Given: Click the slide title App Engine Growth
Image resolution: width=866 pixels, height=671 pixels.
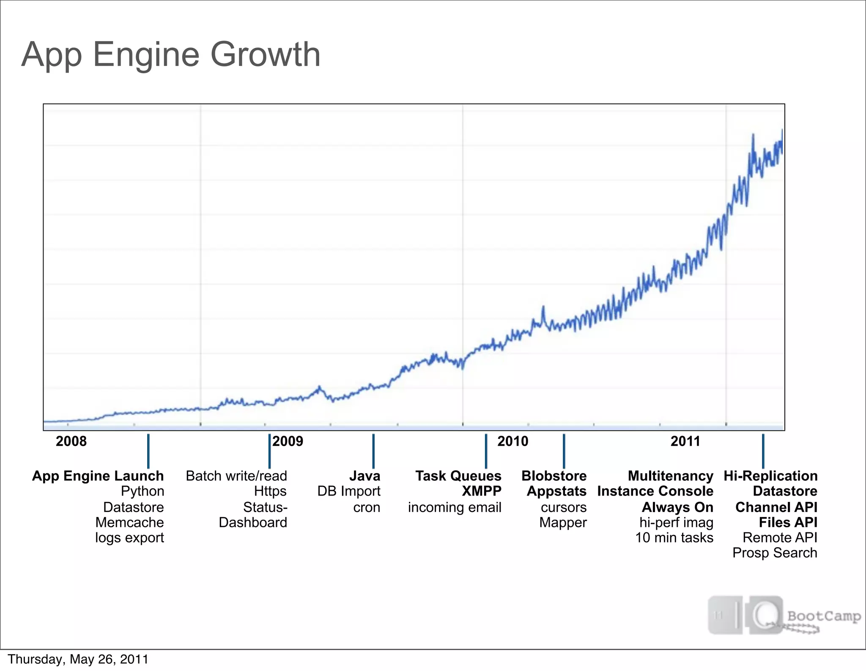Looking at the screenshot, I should click(x=171, y=55).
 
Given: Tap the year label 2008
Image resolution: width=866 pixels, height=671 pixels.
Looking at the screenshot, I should click(x=71, y=441).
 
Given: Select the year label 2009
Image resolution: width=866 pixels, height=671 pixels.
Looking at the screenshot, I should click(x=288, y=441).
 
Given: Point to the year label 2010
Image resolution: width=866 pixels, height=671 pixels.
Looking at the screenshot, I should click(x=512, y=441).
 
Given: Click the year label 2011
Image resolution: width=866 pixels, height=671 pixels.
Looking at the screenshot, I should click(x=685, y=441).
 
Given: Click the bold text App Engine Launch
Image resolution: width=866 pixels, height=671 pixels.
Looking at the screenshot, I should click(x=98, y=476).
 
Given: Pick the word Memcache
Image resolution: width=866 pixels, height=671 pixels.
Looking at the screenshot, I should click(x=129, y=523).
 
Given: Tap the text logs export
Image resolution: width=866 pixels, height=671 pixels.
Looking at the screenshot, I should click(x=129, y=538).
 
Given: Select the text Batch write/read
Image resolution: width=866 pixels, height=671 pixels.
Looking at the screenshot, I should click(x=236, y=476).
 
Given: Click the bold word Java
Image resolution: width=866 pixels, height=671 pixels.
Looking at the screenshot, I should click(x=364, y=476).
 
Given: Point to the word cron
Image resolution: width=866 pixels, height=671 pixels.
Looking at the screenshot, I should click(x=367, y=507).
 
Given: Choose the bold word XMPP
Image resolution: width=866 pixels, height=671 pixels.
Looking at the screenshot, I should click(x=481, y=491).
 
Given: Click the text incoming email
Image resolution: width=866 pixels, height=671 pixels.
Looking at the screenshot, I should click(x=455, y=507).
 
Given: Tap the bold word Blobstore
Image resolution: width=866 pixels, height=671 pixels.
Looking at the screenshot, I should click(x=554, y=476).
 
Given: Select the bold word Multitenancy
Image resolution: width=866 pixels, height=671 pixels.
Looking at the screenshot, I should click(x=670, y=476).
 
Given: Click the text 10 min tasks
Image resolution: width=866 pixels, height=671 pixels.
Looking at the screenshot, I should click(x=674, y=538).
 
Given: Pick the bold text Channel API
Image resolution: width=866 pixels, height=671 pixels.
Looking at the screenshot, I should click(x=776, y=507).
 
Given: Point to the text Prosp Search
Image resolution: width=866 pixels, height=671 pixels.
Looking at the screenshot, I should click(x=775, y=553).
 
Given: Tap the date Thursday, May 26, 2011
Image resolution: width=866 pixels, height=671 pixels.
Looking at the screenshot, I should click(x=78, y=660).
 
